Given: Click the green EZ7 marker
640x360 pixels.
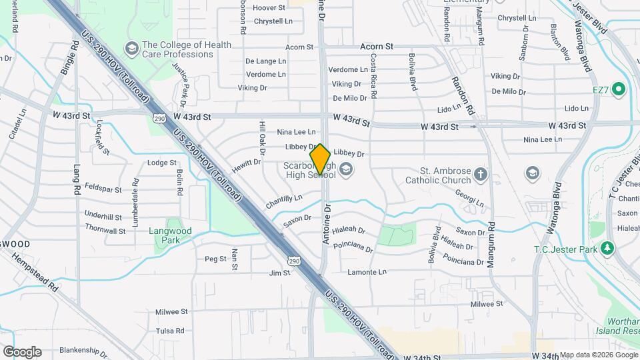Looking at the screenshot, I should [618, 89].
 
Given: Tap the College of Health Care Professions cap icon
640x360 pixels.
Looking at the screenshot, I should [131, 49].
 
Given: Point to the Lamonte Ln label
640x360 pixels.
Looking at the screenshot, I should [367, 272].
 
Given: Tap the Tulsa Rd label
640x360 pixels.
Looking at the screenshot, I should [169, 331].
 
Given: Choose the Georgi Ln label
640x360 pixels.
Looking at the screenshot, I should [469, 199].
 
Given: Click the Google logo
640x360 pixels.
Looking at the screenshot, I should [22, 351].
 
